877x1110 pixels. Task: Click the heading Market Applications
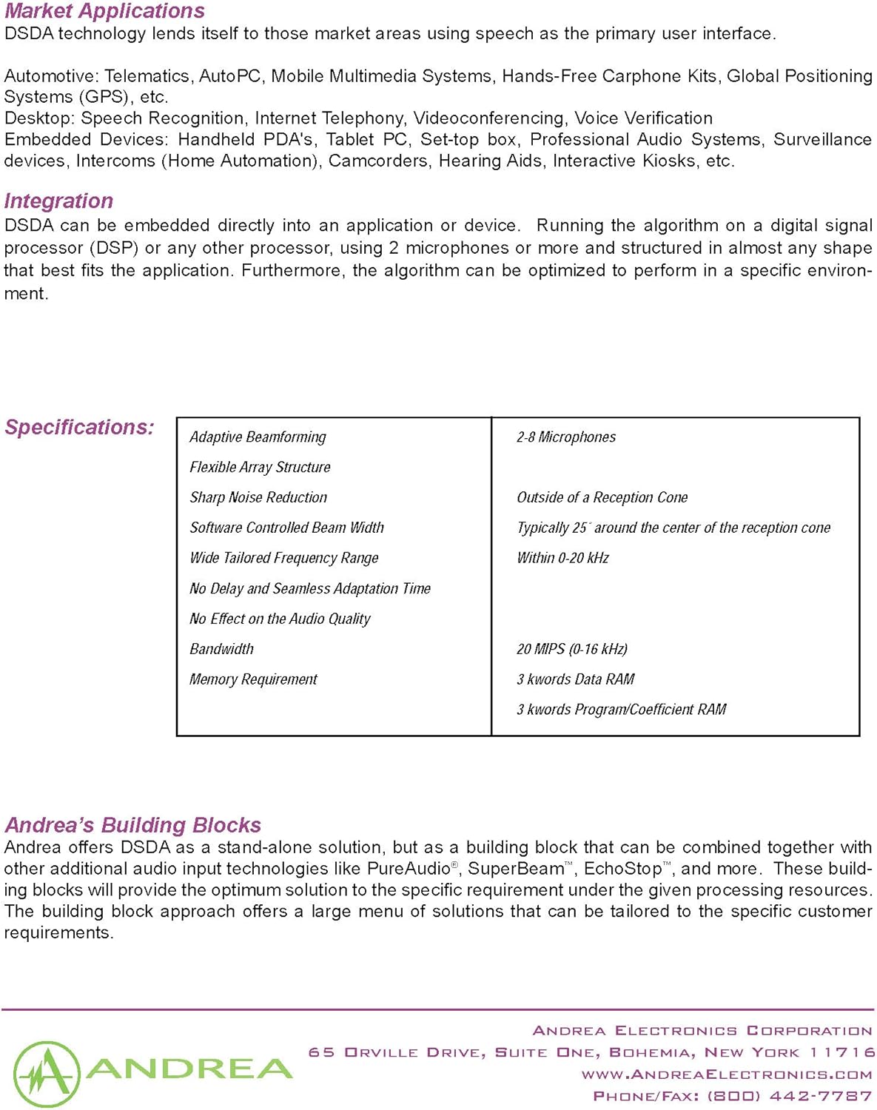coord(104,11)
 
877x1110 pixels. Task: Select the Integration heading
coord(58,201)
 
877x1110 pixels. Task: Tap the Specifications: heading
coord(79,427)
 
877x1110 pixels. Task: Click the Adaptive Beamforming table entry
coord(258,437)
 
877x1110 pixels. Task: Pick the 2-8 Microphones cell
coord(566,437)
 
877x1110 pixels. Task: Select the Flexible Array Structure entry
coord(260,467)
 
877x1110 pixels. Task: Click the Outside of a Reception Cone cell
coord(602,497)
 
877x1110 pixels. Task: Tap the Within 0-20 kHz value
coord(562,558)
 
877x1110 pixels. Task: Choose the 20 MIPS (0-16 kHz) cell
coord(572,649)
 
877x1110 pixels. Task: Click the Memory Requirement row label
coord(253,679)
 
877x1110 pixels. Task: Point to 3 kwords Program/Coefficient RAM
coord(622,710)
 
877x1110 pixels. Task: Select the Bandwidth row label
coord(221,649)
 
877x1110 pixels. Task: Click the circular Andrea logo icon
coord(46,1074)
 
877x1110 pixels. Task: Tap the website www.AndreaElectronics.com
coord(727,1074)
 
